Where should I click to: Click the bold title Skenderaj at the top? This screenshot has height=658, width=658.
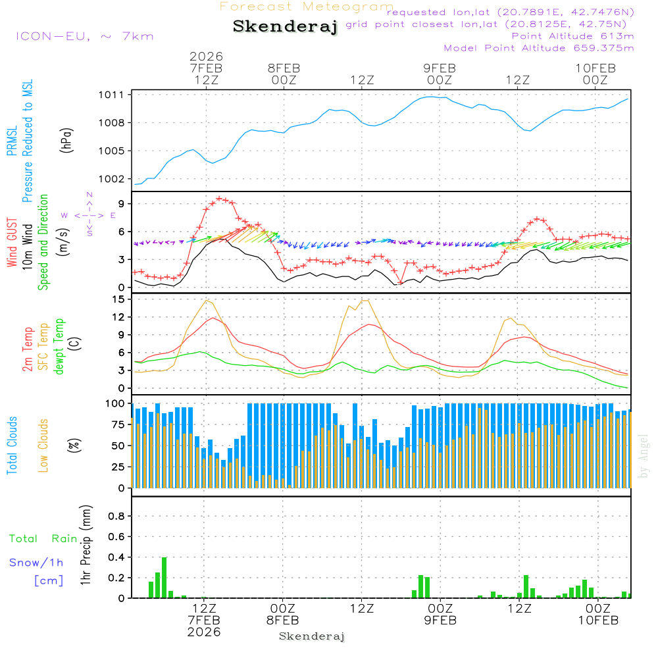pyautogui.click(x=284, y=27)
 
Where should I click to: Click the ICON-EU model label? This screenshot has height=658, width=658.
pyautogui.click(x=84, y=36)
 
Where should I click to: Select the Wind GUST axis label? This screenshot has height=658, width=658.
pyautogui.click(x=12, y=244)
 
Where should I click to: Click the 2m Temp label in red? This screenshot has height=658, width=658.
pyautogui.click(x=28, y=347)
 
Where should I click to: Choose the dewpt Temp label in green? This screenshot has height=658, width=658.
pyautogui.click(x=59, y=347)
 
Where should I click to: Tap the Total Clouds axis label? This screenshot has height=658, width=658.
pyautogui.click(x=12, y=445)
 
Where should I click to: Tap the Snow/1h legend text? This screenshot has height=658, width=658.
pyautogui.click(x=37, y=563)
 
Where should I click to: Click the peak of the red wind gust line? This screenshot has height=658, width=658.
pyautogui.click(x=219, y=198)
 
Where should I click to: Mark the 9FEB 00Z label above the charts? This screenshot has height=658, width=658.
pyautogui.click(x=440, y=74)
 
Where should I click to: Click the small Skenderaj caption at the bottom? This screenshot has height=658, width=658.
pyautogui.click(x=312, y=637)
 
